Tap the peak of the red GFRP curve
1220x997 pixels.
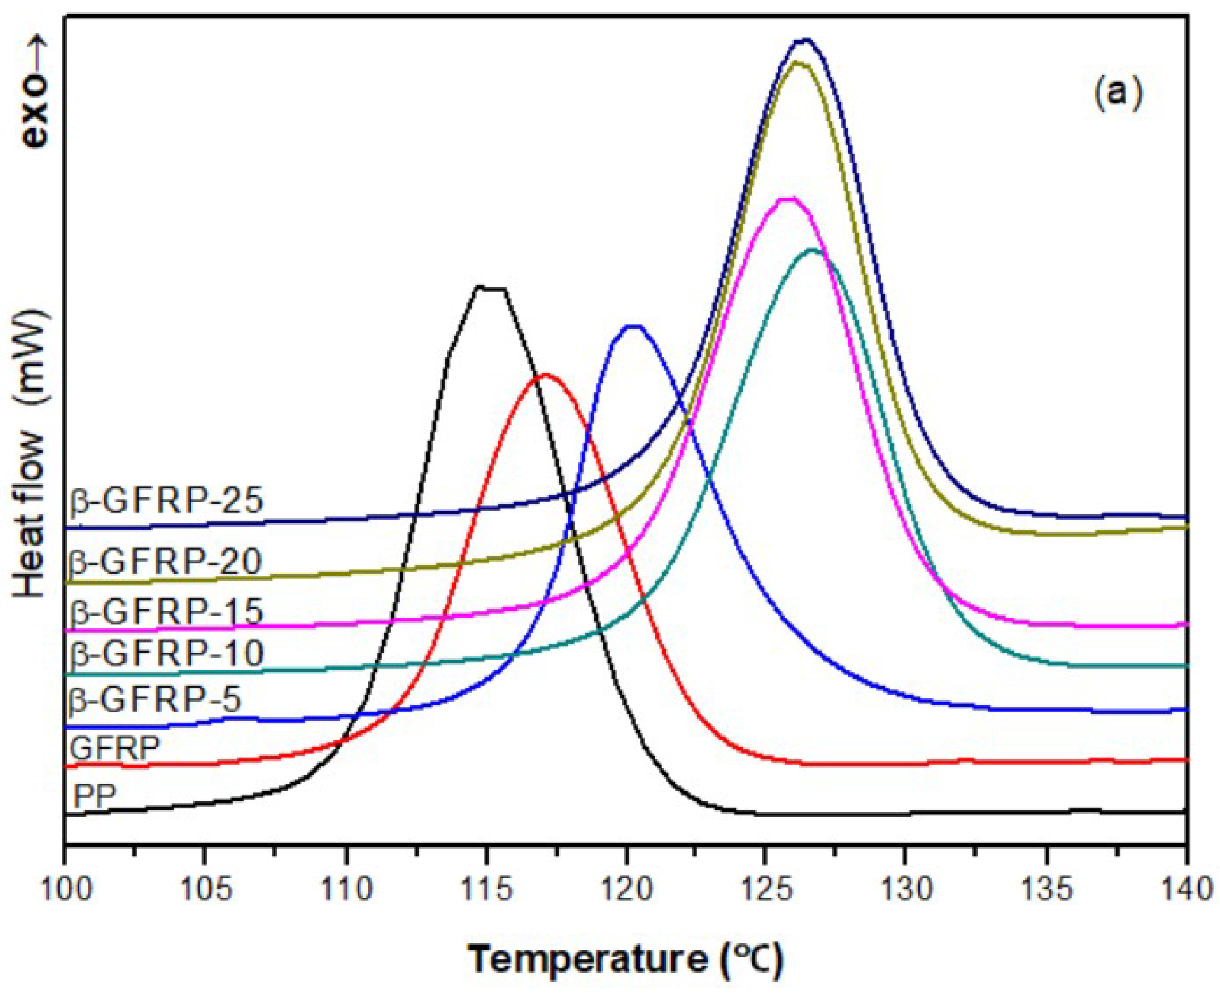coord(544,375)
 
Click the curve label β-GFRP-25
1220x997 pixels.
coord(166,500)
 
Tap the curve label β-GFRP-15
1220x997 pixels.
coord(166,612)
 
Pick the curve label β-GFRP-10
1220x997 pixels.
coord(166,653)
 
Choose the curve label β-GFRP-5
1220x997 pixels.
coord(155,700)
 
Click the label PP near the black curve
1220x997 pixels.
coord(95,797)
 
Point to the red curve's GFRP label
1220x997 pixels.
coord(115,748)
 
